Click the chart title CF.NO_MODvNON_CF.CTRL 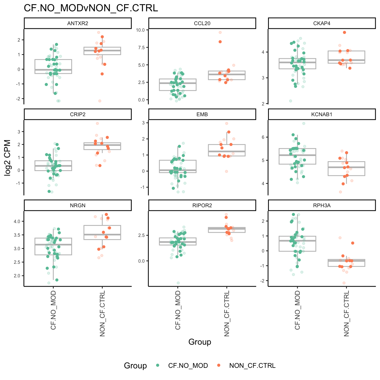click(x=91, y=8)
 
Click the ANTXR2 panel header click(x=78, y=23)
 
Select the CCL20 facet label click(x=202, y=23)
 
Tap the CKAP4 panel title click(x=322, y=23)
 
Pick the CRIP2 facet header click(x=78, y=115)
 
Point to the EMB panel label click(x=202, y=115)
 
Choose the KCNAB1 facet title click(x=322, y=115)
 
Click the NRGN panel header click(x=78, y=206)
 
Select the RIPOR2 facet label click(x=202, y=206)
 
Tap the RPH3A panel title click(x=322, y=206)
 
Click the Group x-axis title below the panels click(x=200, y=342)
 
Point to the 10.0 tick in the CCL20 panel click(x=141, y=30)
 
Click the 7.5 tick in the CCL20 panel click(x=141, y=47)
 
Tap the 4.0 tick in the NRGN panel click(x=17, y=221)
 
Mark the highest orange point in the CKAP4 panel click(x=344, y=33)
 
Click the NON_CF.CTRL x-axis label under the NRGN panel click(x=102, y=313)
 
